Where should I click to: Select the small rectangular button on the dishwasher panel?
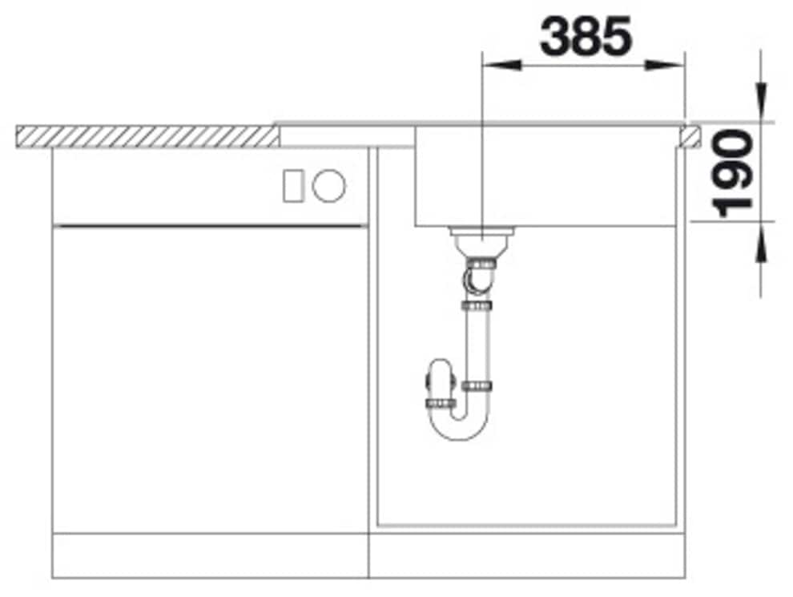(293, 186)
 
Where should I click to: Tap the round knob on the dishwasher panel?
(328, 186)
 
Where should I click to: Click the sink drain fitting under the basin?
(481, 237)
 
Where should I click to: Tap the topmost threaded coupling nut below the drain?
(481, 262)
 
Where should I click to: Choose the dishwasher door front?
(210, 381)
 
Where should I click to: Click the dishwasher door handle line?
(210, 227)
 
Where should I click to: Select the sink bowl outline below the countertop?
(545, 176)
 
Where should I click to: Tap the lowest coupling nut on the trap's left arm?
(440, 402)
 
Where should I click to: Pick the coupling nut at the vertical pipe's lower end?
(477, 386)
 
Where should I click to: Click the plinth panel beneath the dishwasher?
(210, 555)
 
